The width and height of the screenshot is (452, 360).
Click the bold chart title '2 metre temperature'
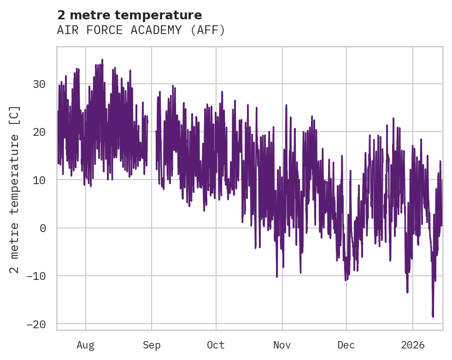pos(129,15)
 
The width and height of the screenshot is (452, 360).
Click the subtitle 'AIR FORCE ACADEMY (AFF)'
pos(141,30)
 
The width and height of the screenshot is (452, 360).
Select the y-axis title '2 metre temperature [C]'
pos(15,189)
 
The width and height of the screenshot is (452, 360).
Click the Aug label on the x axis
pos(86,345)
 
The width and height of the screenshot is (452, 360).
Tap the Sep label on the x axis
pos(152,345)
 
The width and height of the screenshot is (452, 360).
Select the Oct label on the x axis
pos(216,345)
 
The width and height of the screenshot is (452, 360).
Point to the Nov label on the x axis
pos(282,345)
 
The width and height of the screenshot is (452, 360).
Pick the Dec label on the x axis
pos(346,345)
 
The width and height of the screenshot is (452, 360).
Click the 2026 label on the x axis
pos(412,345)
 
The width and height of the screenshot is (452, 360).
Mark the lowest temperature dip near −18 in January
pos(433,316)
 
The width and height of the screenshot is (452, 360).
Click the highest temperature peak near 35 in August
pos(102,60)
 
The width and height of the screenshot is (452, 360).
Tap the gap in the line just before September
pos(152,138)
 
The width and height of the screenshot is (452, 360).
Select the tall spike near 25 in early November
pos(286,105)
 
